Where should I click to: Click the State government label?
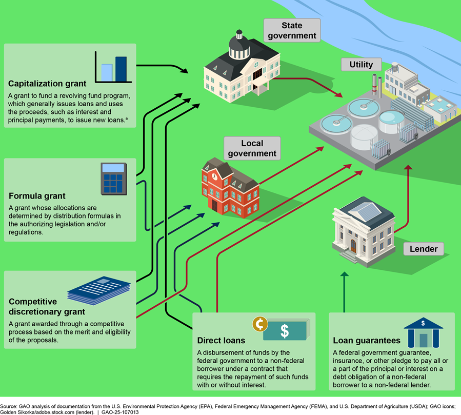click(x=292, y=30)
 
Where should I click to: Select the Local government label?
click(x=252, y=148)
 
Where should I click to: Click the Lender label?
click(x=424, y=249)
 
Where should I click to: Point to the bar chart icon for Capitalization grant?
click(x=111, y=66)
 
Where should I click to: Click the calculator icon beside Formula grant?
click(x=113, y=178)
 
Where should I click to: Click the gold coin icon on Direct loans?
click(x=260, y=324)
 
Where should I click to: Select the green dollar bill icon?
click(x=286, y=331)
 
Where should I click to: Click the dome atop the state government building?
click(x=238, y=46)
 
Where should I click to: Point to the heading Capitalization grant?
click(x=47, y=84)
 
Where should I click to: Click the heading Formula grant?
click(x=37, y=196)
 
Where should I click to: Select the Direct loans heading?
click(x=221, y=340)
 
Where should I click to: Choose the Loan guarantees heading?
click(x=366, y=340)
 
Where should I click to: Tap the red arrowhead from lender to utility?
click(x=408, y=169)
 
